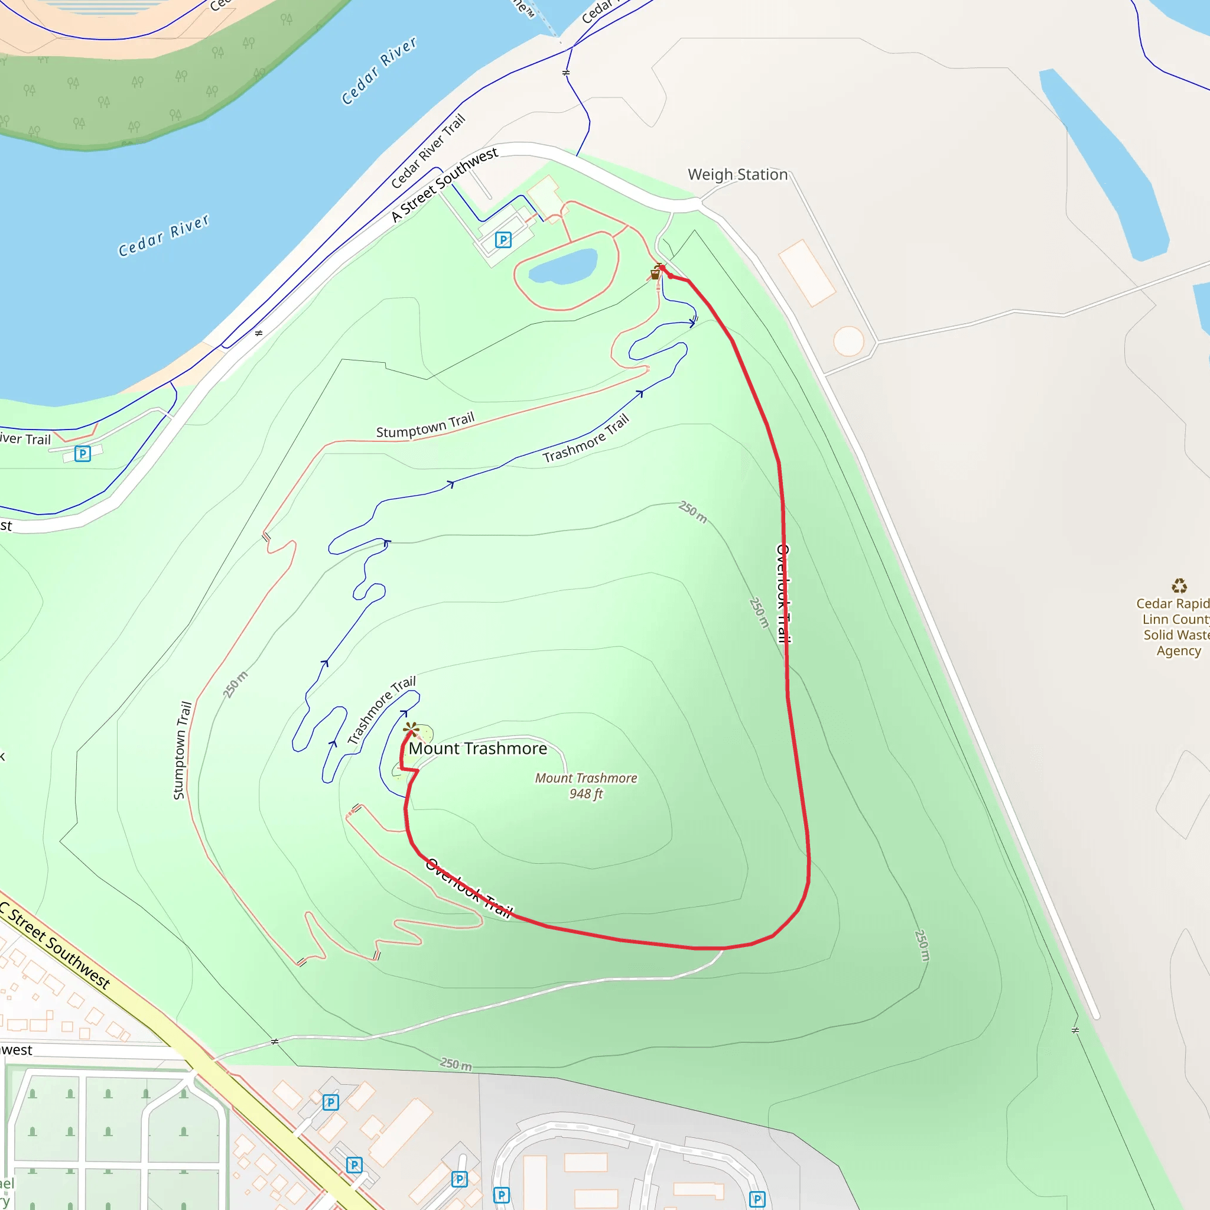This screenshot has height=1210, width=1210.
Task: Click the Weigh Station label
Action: [737, 175]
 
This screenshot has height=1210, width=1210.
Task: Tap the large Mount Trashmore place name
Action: [478, 749]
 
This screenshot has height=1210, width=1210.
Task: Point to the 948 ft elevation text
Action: [586, 793]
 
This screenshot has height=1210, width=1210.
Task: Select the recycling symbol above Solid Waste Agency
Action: [1179, 586]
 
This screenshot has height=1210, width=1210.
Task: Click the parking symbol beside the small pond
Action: [503, 240]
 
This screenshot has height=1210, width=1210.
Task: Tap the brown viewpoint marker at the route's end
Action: [411, 728]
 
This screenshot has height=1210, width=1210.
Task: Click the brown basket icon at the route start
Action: [655, 274]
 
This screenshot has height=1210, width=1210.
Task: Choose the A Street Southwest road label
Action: [445, 185]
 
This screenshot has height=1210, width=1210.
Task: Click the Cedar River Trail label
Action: [428, 151]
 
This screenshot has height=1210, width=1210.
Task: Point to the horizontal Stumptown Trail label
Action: [425, 426]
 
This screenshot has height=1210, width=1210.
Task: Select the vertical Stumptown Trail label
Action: [181, 750]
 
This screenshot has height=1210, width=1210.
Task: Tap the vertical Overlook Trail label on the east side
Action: [783, 593]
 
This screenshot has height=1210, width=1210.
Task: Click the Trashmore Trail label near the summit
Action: [382, 710]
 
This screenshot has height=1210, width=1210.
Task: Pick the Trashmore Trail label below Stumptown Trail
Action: [586, 438]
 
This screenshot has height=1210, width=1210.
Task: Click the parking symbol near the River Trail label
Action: [83, 453]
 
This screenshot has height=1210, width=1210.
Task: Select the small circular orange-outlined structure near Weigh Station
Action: [848, 341]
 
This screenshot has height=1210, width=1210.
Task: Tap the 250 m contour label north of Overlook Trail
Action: [693, 512]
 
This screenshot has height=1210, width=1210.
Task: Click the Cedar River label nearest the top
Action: [379, 71]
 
